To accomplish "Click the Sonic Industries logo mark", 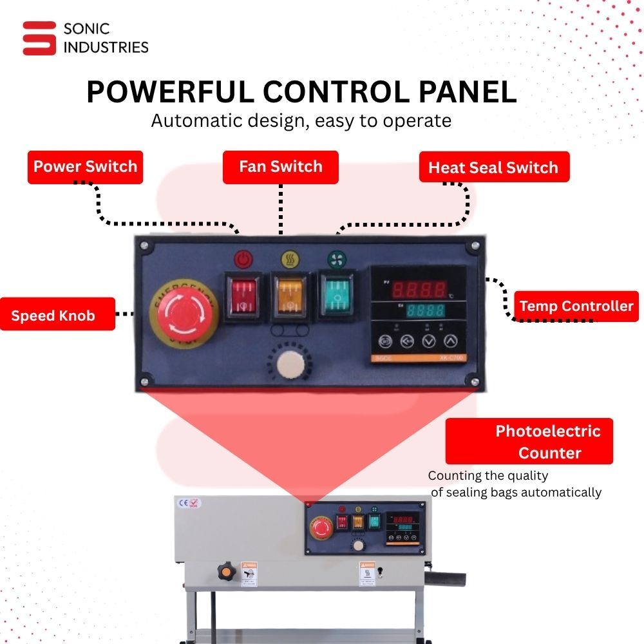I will [x=39, y=38].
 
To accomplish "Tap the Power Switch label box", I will [x=85, y=167].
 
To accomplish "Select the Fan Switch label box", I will [x=280, y=167].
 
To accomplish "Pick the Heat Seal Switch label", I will [x=493, y=167].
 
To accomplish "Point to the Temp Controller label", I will [x=576, y=306].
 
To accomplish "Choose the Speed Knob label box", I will [x=57, y=314].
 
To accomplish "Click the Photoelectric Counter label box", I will [x=529, y=441].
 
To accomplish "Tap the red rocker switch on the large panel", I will [x=242, y=295].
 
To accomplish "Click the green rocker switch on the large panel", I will [x=336, y=295].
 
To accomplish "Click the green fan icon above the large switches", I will [x=335, y=259].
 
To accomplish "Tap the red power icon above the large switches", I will [x=242, y=259].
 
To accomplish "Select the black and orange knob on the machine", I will [x=226, y=570].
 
